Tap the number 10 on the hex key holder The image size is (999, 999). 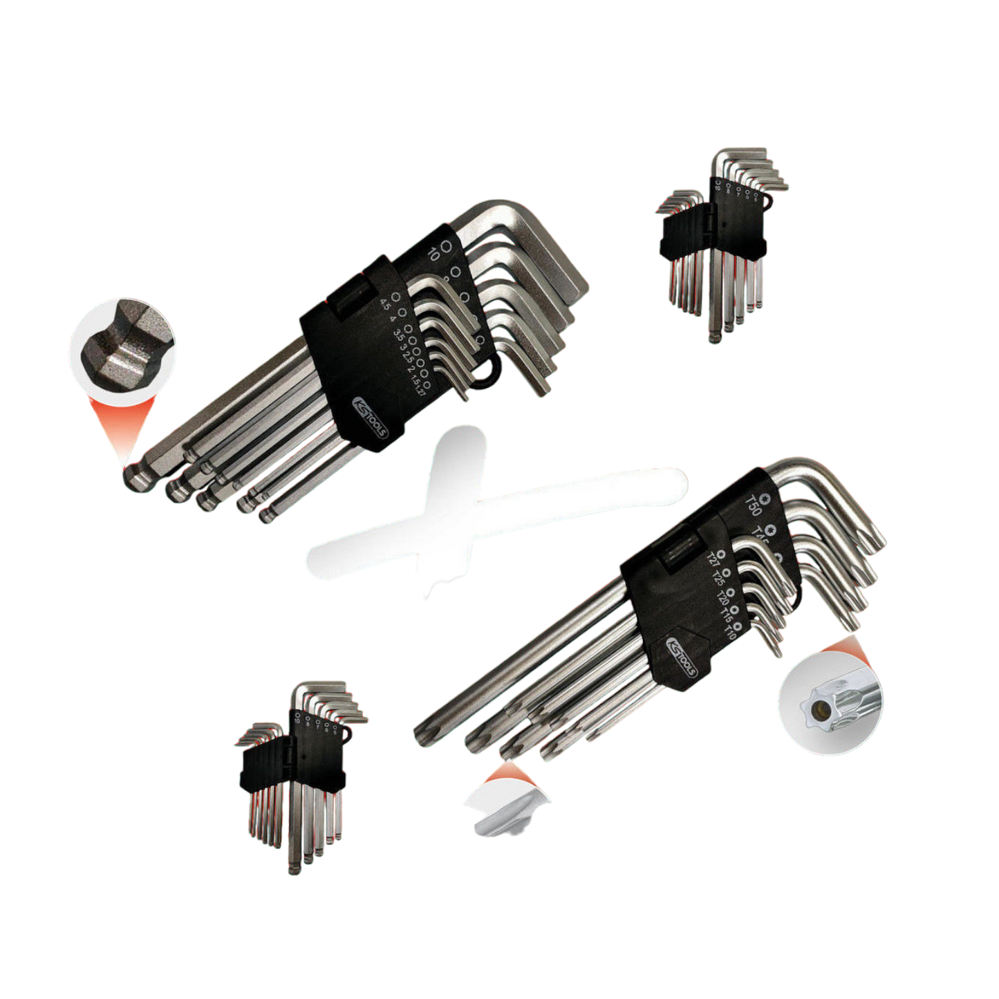[434, 252]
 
